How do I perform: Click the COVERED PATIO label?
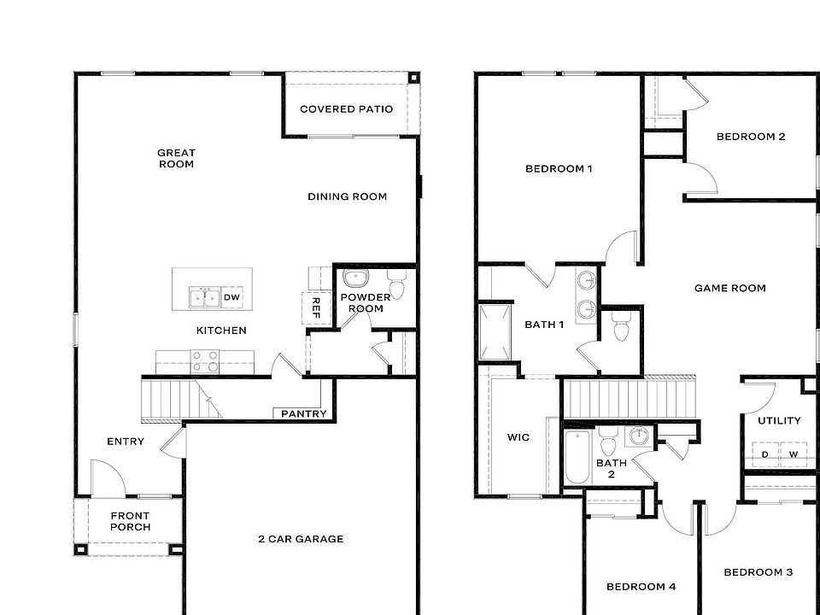pos(346,109)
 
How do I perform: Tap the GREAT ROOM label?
pos(176,159)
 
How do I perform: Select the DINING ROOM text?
pos(347,196)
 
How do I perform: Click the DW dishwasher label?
pos(231,297)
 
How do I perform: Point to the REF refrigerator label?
pos(314,307)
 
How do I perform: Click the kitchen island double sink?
pos(204,297)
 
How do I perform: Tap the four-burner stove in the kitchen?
pos(204,361)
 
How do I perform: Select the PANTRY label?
pos(303,414)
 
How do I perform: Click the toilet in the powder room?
pos(395,283)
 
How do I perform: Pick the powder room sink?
pos(354,278)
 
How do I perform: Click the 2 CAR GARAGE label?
pos(301,539)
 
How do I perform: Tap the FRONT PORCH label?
pos(130,521)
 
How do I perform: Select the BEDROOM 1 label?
pos(559,169)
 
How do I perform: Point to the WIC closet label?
pos(518,437)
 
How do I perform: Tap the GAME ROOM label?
pos(729,289)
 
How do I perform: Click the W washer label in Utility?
pos(794,454)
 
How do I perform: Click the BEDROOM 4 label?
pos(641,587)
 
